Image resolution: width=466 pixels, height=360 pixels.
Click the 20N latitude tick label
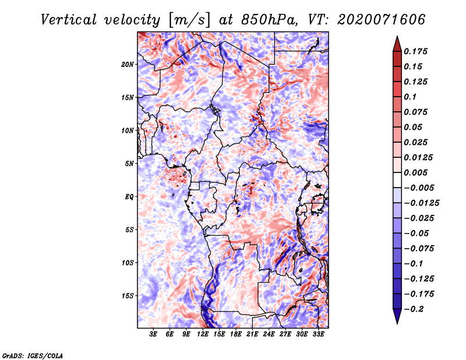click(127, 65)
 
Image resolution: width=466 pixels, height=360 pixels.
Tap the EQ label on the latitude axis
click(129, 197)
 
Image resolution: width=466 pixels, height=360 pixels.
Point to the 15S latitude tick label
click(127, 296)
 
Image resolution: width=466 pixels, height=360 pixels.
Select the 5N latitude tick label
click(129, 164)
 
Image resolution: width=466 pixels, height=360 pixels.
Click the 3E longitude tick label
click(153, 334)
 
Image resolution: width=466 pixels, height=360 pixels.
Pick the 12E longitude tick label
click(203, 334)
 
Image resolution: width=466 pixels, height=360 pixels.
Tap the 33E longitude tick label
click(318, 334)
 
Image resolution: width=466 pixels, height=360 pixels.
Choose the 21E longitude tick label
click(252, 334)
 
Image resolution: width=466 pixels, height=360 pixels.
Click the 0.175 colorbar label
click(415, 51)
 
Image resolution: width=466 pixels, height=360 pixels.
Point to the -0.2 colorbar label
click(414, 309)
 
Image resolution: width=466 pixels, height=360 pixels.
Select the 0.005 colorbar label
click(415, 172)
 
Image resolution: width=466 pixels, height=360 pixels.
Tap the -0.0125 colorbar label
click(421, 203)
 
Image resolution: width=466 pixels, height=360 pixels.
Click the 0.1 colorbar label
click(410, 97)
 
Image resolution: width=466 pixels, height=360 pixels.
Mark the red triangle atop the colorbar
click(397, 44)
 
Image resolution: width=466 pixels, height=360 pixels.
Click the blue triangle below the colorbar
click(397, 316)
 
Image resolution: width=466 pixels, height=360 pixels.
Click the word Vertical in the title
click(69, 20)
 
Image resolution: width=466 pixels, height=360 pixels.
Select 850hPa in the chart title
click(269, 20)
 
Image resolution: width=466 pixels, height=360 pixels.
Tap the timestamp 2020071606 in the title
click(382, 20)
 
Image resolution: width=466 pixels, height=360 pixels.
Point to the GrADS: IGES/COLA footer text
click(33, 355)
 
